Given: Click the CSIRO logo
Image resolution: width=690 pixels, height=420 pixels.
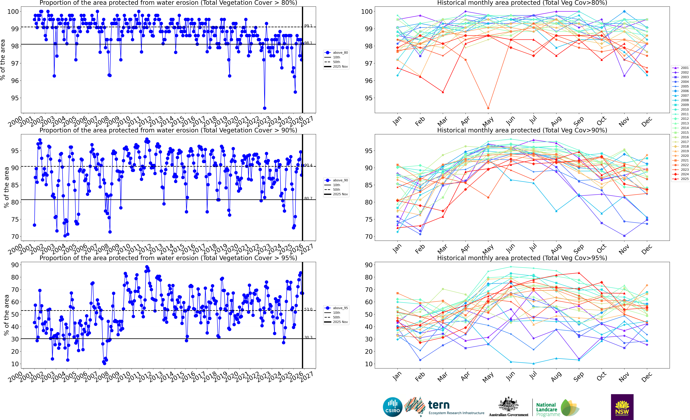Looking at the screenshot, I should pos(392,407).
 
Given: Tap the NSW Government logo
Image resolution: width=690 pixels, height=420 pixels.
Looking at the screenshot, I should pos(622,407).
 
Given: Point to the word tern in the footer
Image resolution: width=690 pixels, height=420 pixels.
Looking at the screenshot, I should pos(439,405).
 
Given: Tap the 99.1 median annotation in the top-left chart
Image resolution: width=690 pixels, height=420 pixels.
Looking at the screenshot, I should pos(308,26).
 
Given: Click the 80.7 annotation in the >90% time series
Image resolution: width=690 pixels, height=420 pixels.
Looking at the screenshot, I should pos(308,198).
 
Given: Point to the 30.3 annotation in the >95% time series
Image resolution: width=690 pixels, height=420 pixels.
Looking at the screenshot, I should pos(308,337).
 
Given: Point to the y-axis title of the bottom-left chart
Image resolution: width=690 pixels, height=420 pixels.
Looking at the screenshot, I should pos(6,315).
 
